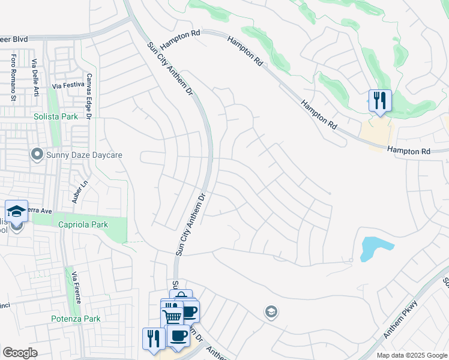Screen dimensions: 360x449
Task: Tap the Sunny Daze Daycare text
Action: tap(84, 155)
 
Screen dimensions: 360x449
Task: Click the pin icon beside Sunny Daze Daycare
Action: tap(37, 155)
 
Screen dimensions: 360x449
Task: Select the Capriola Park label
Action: tap(83, 224)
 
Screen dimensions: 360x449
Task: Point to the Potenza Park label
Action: tap(75, 319)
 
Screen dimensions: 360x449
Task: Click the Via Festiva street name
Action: tap(66, 86)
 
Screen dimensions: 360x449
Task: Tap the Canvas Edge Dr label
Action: tap(88, 96)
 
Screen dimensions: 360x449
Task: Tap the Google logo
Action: tap(20, 353)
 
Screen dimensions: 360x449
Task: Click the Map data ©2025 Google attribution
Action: tap(411, 355)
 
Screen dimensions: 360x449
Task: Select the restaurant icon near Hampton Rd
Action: tap(379, 100)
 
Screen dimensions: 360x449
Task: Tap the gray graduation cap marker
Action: tap(271, 311)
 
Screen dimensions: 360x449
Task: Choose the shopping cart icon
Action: tap(172, 316)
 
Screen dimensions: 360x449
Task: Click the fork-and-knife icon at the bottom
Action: tap(154, 338)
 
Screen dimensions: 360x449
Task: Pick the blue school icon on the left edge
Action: tap(16, 211)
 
